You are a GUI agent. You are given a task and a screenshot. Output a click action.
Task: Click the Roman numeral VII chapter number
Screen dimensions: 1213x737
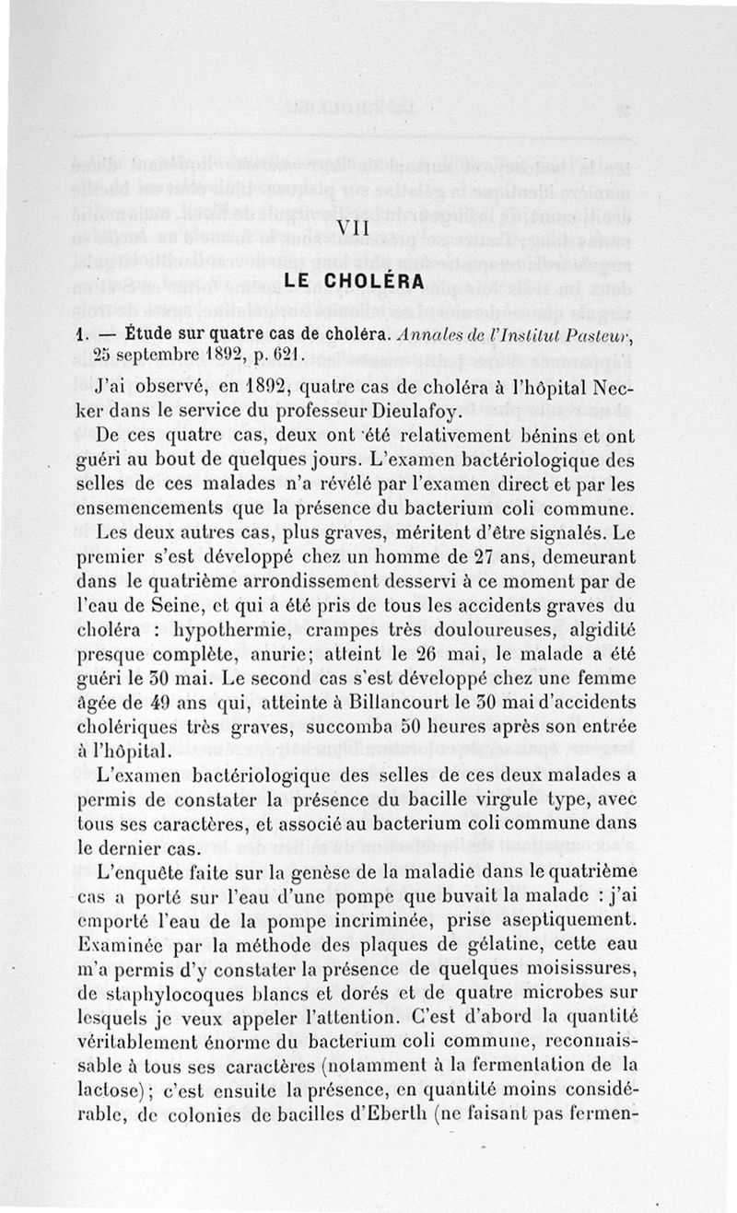tap(354, 227)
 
